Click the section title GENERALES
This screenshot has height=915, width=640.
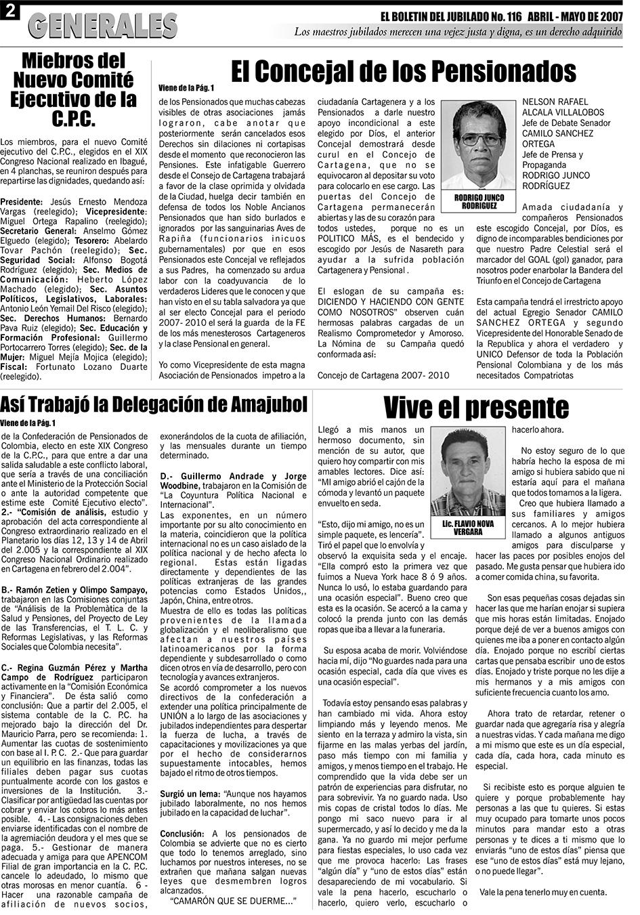[103, 25]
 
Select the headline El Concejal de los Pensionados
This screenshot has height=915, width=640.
[403, 70]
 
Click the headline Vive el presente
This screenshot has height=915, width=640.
[476, 408]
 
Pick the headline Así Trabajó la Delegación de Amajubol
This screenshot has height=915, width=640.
[154, 405]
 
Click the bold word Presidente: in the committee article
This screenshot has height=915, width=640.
[22, 202]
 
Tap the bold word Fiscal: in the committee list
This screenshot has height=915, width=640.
[14, 366]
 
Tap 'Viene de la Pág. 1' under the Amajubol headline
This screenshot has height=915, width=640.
[28, 423]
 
